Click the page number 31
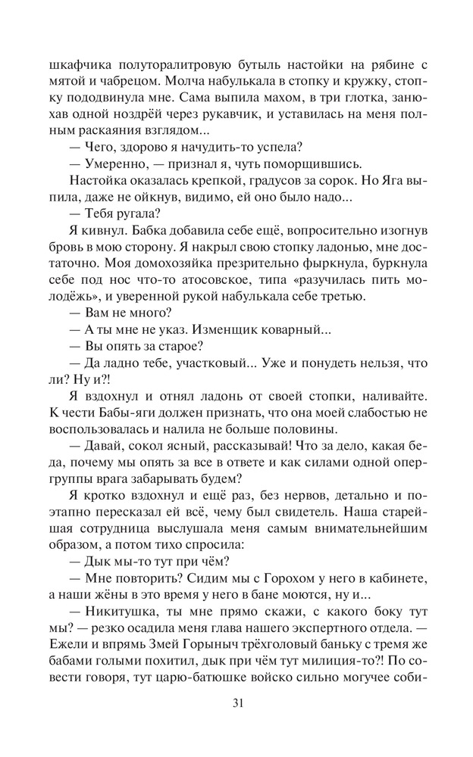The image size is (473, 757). [x=236, y=702]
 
